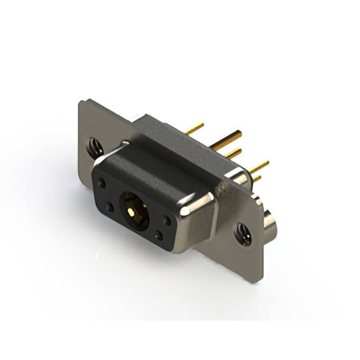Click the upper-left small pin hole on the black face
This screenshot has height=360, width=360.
tap(102, 183)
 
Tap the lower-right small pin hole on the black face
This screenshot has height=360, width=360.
tap(159, 236)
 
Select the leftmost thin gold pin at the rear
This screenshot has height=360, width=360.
tap(194, 129)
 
